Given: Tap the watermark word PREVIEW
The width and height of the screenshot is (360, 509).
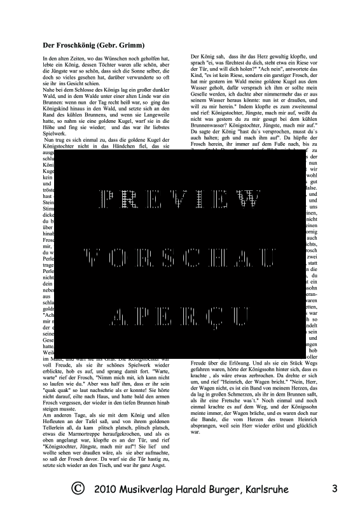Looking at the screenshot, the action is (x=179, y=199).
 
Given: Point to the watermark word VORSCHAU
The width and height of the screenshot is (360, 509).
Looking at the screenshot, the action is (x=179, y=256).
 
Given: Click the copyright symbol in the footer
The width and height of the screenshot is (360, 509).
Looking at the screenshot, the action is (x=78, y=489).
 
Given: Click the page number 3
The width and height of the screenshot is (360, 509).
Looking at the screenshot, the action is (x=335, y=489).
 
